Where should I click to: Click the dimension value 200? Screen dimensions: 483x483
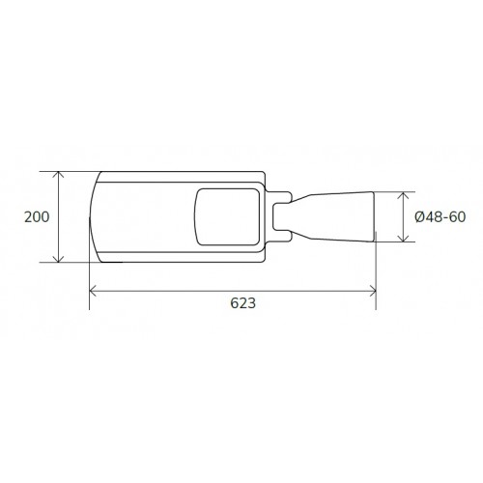tap(37, 217)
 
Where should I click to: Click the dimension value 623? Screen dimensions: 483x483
tap(243, 303)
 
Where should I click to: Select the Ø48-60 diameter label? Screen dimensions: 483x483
tap(440, 217)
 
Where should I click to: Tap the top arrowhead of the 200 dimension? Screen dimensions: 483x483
tap(58, 175)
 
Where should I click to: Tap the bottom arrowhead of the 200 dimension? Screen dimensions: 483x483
tap(58, 259)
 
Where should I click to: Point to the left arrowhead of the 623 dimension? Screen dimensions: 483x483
tap(93, 291)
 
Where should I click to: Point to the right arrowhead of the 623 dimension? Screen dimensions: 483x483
tap(373, 291)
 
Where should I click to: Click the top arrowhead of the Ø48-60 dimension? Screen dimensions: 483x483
tap(403, 195)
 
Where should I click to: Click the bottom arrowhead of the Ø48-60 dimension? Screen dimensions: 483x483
tap(403, 239)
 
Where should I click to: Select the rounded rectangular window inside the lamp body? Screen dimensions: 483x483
tap(227, 189)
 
